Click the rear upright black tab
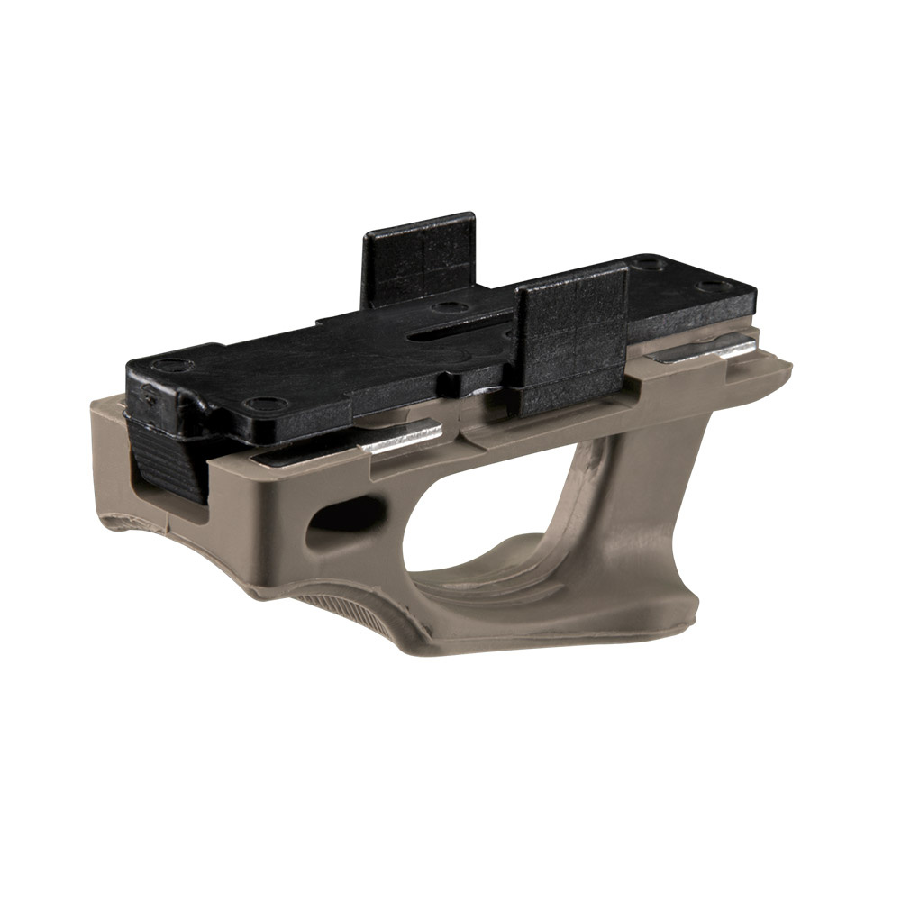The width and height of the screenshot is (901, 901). coord(419,257)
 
